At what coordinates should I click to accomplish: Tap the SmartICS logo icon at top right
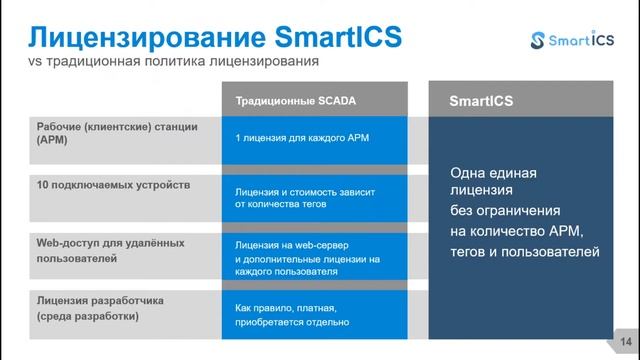pos(541,40)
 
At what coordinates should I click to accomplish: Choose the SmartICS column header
pos(481,102)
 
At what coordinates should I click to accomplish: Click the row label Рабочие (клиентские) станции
pos(118,128)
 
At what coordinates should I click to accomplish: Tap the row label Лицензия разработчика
pos(100,301)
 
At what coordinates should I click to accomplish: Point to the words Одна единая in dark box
pos(494,173)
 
